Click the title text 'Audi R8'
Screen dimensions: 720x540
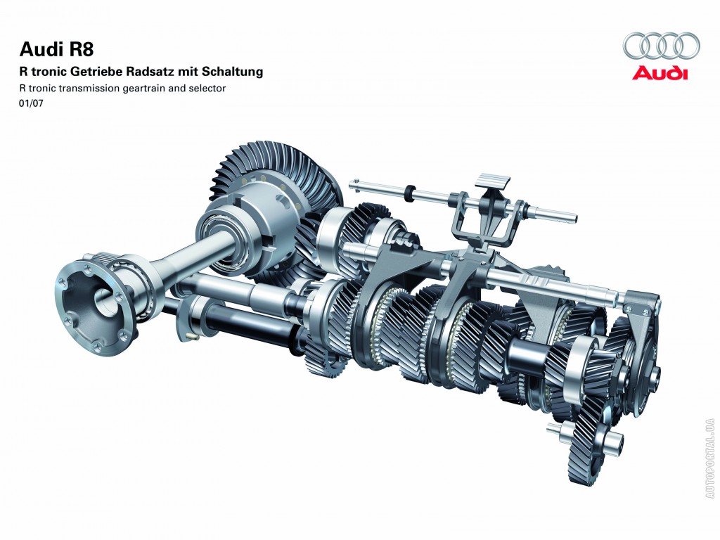click(56, 49)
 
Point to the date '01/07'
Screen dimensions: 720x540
click(31, 103)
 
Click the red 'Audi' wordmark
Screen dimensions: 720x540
click(660, 73)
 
